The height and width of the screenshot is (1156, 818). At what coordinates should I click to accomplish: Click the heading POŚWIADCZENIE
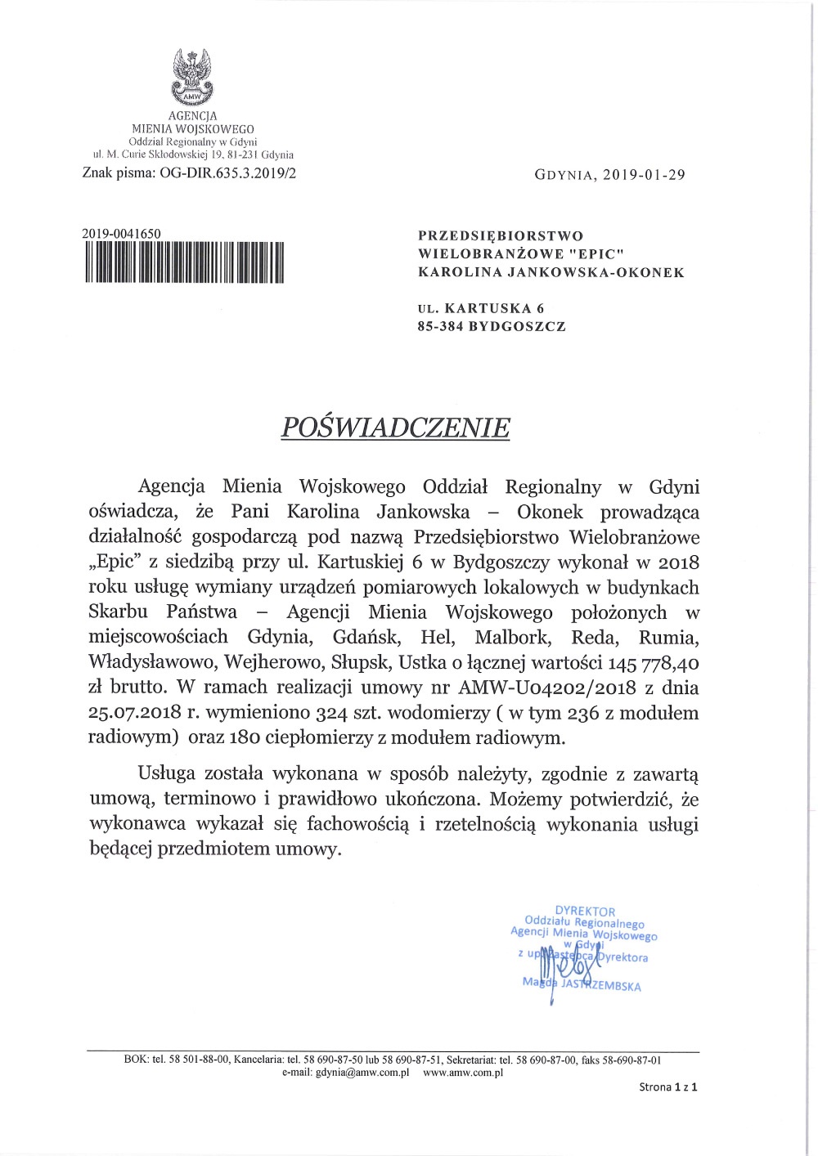point(395,428)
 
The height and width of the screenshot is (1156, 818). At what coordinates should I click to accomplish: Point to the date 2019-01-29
point(645,175)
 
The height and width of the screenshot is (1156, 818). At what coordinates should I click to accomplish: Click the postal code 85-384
point(440,326)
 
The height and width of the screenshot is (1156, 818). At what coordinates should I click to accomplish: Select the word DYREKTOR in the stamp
point(585,911)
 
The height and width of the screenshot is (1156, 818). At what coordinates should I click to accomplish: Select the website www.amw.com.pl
point(463,1073)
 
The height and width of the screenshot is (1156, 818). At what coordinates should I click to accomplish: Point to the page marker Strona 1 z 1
point(667,1087)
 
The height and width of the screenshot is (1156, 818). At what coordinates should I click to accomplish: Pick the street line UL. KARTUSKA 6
point(481,308)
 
